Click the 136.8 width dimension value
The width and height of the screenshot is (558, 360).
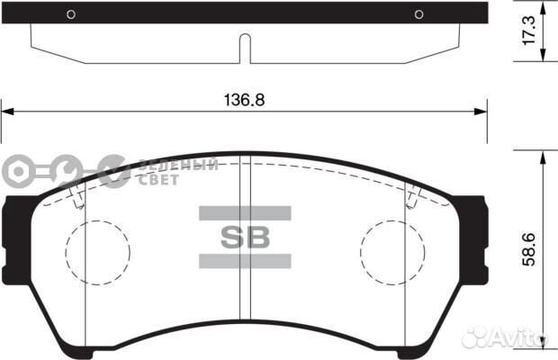click(x=244, y=100)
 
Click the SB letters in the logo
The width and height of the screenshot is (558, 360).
click(x=244, y=238)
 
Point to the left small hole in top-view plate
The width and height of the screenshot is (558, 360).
click(x=71, y=13)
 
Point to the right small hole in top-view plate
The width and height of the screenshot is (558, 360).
click(x=418, y=13)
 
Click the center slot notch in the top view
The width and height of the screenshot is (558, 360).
click(x=244, y=49)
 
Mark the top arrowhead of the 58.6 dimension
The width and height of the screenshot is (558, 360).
click(x=543, y=155)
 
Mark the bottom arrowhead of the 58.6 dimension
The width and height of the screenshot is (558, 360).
click(x=543, y=344)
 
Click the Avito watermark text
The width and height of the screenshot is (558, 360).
click(x=523, y=337)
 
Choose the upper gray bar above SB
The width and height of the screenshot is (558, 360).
click(x=244, y=213)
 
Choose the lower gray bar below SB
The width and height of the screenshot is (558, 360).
click(x=244, y=261)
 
